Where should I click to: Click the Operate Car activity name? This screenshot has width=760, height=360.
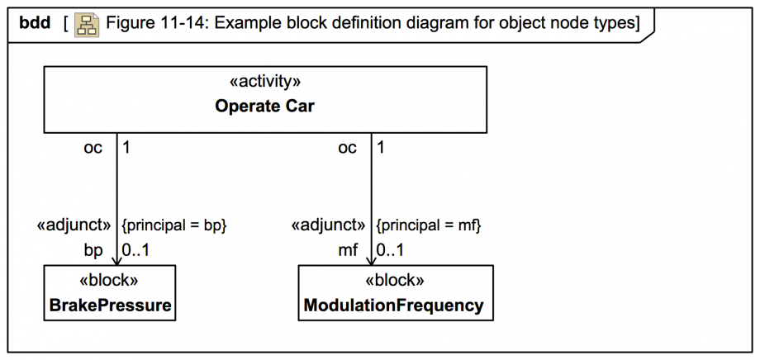click(264, 106)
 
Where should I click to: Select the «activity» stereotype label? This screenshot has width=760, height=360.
click(264, 82)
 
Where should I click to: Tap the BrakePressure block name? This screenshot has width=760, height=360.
click(110, 306)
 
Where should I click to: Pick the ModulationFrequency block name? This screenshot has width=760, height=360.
click(394, 306)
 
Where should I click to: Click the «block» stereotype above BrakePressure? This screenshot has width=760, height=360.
click(109, 280)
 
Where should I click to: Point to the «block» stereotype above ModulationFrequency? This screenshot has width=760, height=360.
click(395, 280)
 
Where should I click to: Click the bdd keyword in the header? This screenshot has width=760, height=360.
click(35, 24)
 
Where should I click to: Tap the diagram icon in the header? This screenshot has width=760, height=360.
click(86, 25)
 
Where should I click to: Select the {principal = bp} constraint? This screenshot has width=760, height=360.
click(173, 225)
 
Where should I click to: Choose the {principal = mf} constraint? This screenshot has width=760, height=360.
click(428, 225)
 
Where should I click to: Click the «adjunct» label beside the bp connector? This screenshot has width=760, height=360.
click(74, 225)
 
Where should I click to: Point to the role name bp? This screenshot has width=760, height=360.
click(93, 249)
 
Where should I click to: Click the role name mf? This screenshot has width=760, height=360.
click(347, 249)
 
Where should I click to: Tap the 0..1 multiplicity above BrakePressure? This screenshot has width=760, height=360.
click(136, 249)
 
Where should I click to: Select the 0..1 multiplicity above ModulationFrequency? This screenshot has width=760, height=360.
click(391, 249)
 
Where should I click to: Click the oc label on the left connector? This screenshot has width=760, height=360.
click(93, 148)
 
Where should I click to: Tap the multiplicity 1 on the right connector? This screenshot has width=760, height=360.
click(381, 148)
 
